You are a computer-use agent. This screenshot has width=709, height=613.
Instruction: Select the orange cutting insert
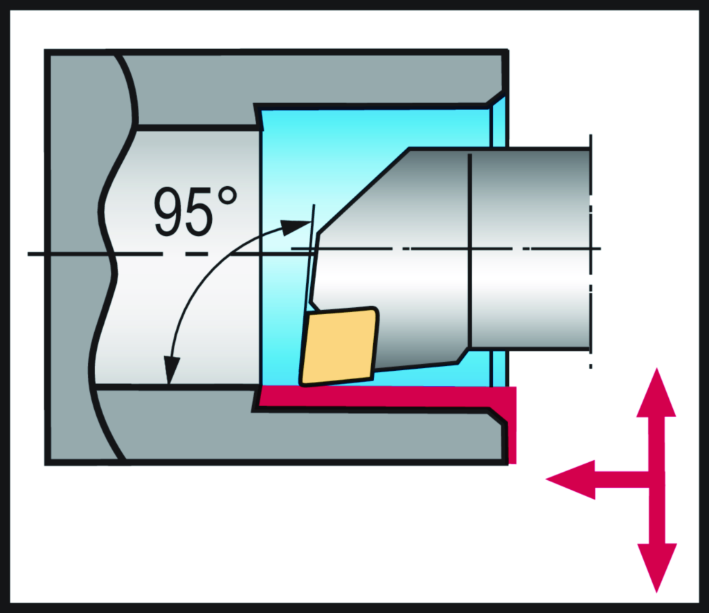[x=339, y=345]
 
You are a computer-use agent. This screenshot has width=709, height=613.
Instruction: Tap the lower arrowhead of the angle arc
[x=170, y=371]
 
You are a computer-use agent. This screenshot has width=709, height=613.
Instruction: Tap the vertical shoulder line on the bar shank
[x=470, y=249]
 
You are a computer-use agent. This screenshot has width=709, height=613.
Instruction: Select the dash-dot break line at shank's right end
[x=591, y=249]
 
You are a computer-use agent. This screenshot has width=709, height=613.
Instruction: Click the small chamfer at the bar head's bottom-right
[x=463, y=356]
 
